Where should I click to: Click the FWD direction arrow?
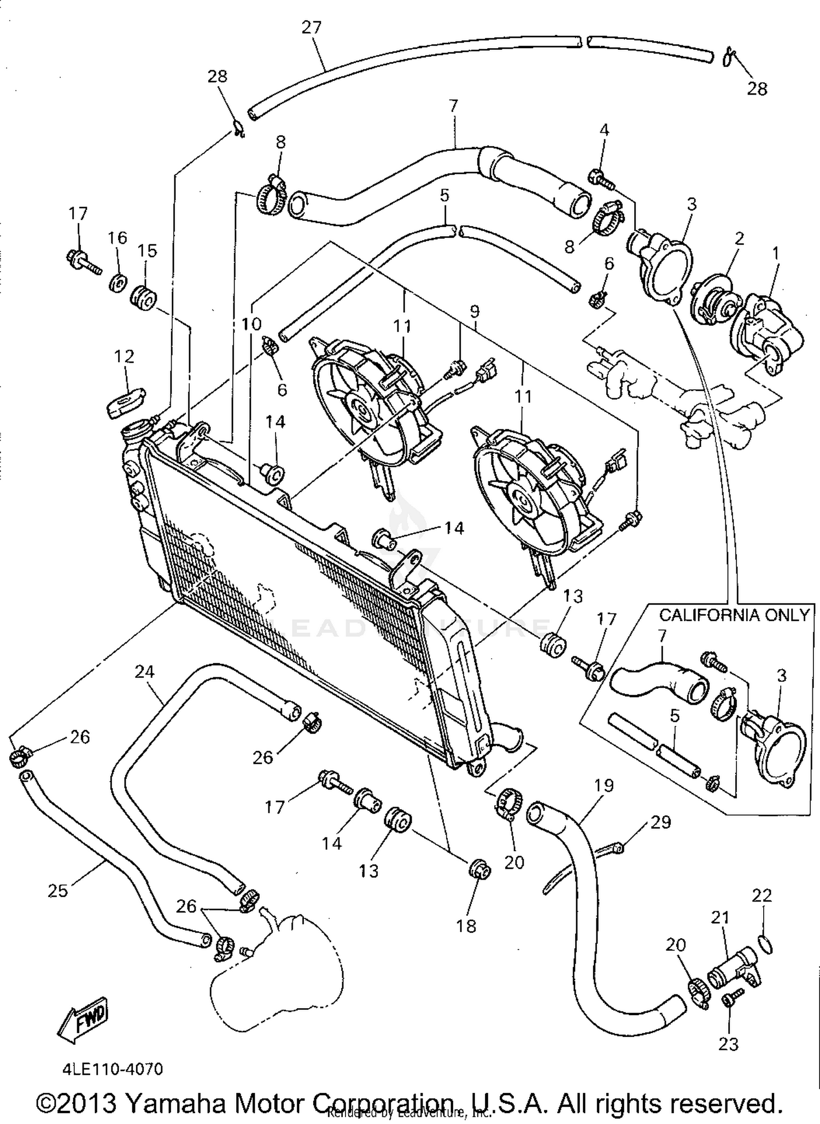(x=84, y=1021)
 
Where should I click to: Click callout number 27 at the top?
(x=312, y=27)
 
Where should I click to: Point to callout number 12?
(x=124, y=356)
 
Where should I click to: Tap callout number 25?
(x=58, y=891)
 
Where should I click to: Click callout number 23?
(x=728, y=1044)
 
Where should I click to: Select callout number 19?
(x=604, y=786)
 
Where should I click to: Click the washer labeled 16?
(x=117, y=284)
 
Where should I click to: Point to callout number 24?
(x=145, y=672)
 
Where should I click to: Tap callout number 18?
(x=467, y=926)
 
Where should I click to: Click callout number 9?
(x=474, y=312)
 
